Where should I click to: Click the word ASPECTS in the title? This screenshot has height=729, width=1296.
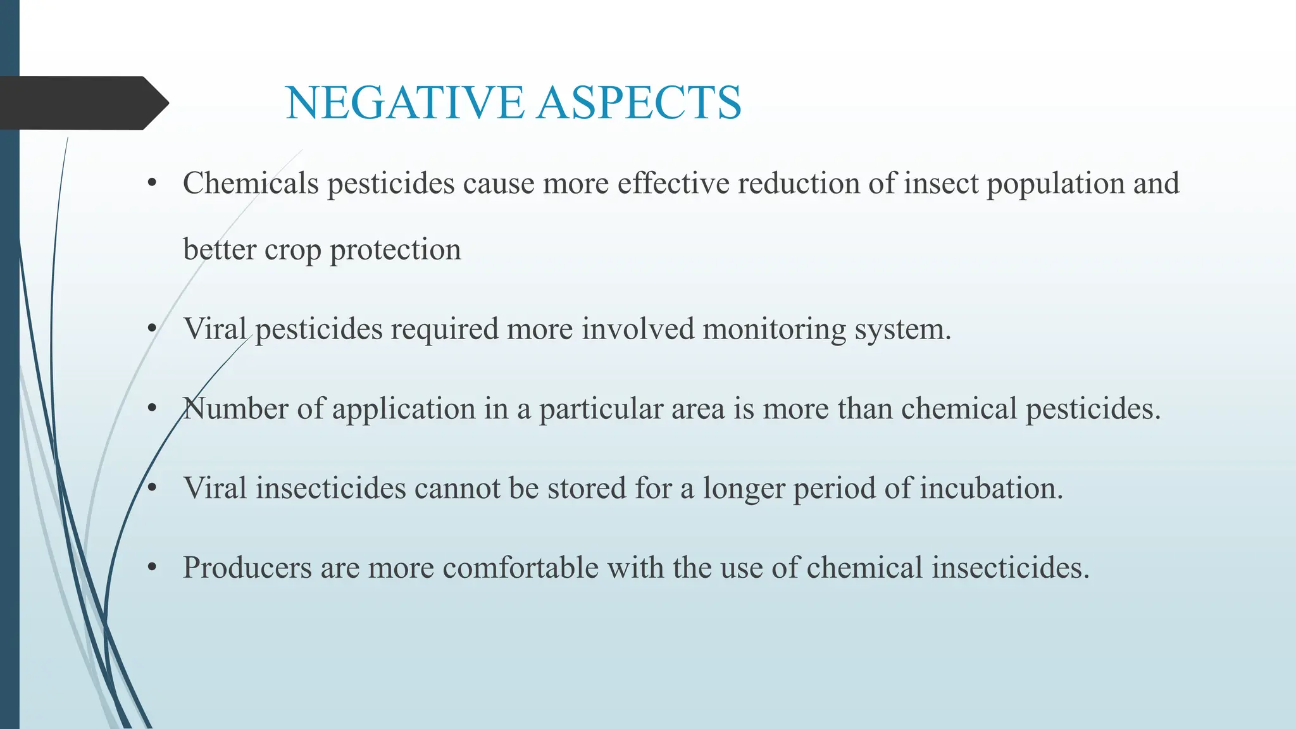coord(639,103)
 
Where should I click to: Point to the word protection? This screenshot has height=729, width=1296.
coord(396,250)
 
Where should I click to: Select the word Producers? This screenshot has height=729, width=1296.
coord(247,568)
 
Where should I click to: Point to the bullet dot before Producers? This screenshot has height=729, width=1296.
coord(152,568)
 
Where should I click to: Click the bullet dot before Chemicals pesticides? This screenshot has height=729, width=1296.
coord(152,184)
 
